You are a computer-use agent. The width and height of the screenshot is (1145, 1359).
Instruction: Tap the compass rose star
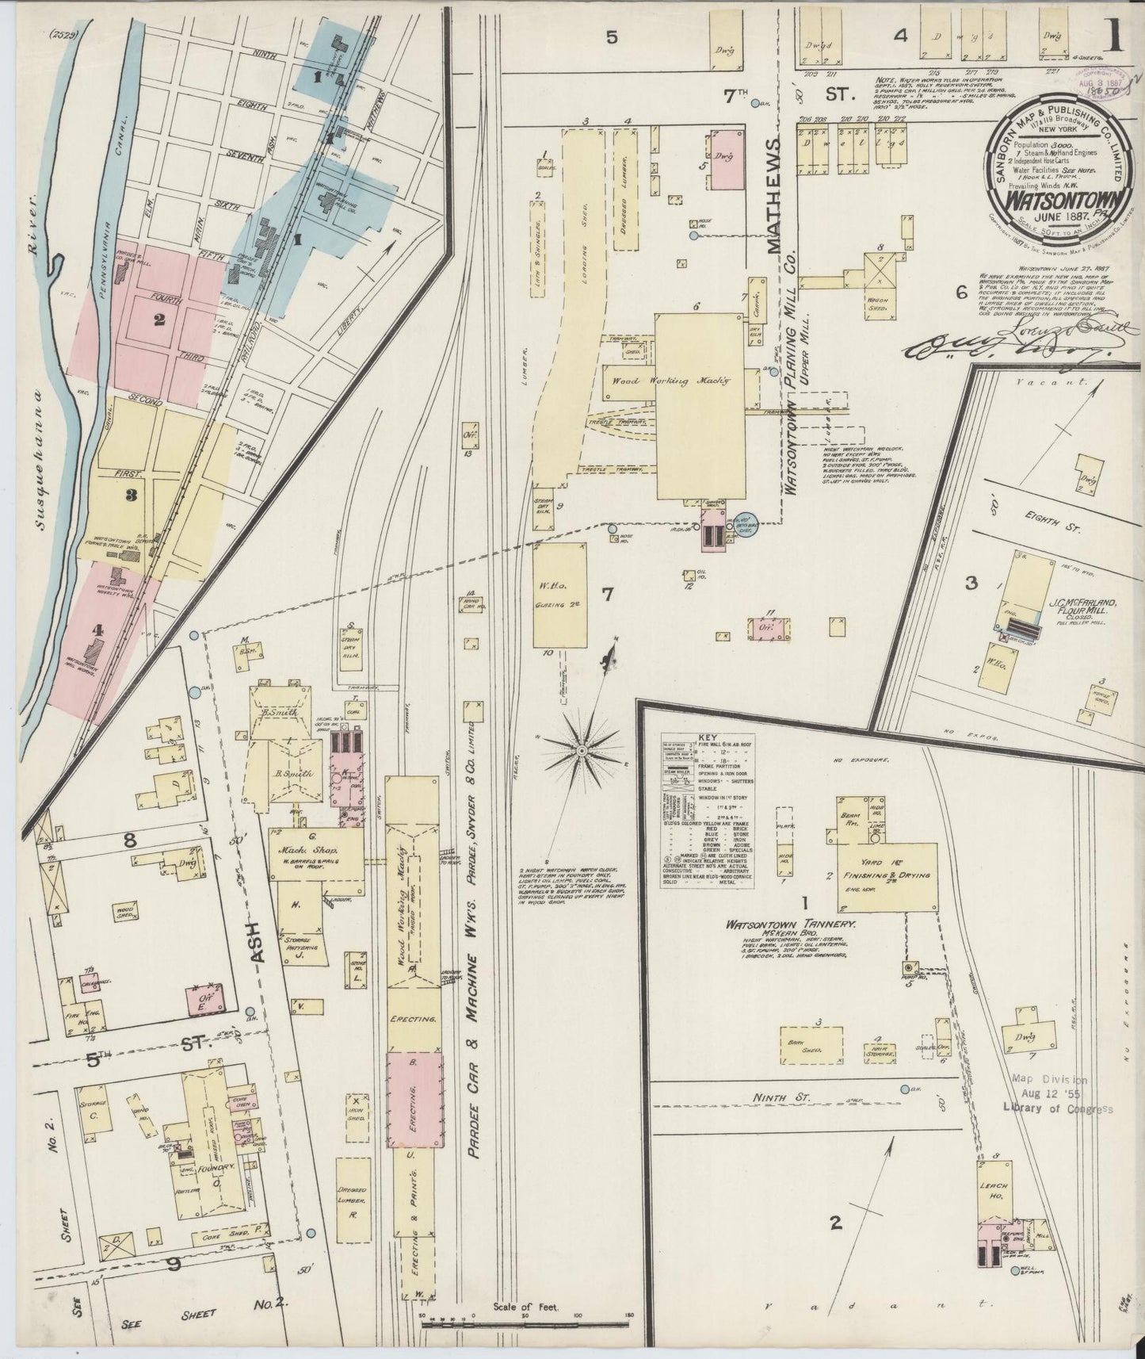click(x=582, y=748)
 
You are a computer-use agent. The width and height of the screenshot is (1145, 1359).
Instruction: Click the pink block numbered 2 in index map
click(x=159, y=320)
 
